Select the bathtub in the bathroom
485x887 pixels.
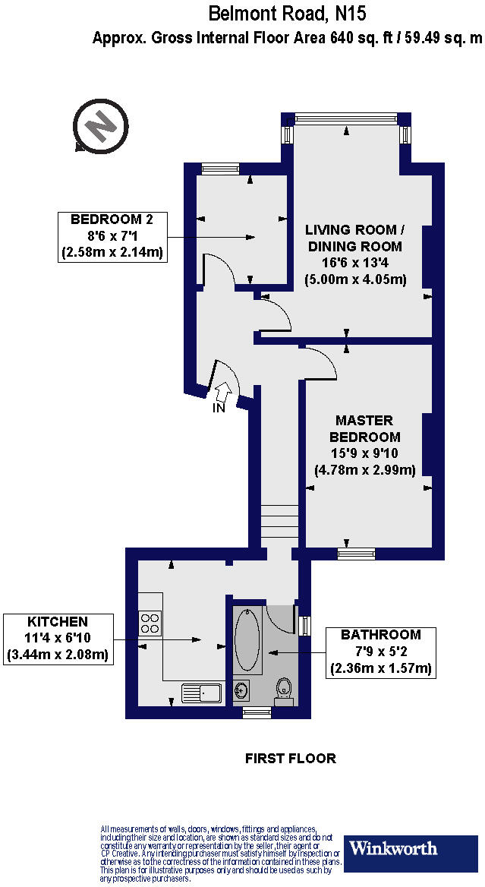point(247,639)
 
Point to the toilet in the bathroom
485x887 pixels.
point(285,690)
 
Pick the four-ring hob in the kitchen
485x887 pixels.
point(151,623)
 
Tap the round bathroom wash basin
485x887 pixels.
point(242,690)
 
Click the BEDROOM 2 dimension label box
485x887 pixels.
point(112,237)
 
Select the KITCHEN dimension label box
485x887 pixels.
point(58,639)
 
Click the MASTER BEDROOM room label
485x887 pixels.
point(364,429)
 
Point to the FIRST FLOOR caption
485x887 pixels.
point(290,758)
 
